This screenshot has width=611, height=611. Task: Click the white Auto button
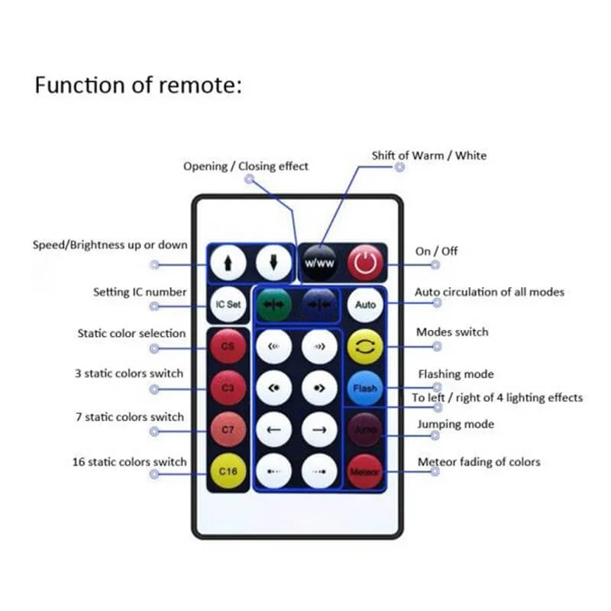click(x=366, y=304)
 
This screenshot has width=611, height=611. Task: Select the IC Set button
click(x=228, y=304)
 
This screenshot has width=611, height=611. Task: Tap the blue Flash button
click(x=365, y=388)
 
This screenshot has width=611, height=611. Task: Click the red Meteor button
click(x=365, y=472)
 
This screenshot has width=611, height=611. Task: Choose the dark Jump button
click(x=365, y=430)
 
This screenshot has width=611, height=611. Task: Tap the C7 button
click(x=228, y=430)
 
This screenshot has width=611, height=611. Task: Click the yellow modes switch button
click(x=365, y=346)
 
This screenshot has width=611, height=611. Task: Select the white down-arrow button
click(x=273, y=263)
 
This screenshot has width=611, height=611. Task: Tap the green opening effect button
click(x=274, y=304)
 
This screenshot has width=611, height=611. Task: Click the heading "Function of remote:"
click(x=138, y=86)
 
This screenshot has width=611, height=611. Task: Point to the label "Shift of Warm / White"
click(x=428, y=156)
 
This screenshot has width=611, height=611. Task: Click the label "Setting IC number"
click(x=139, y=292)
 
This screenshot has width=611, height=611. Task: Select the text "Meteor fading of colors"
click(x=479, y=462)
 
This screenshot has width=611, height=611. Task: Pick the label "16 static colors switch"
click(x=131, y=462)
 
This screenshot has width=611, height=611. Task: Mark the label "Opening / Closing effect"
click(x=245, y=166)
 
